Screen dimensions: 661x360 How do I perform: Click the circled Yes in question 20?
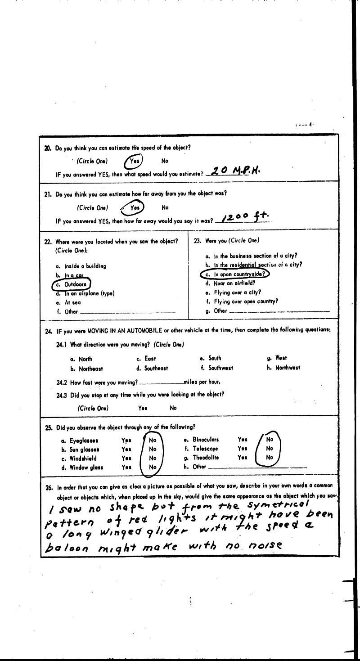tap(133, 161)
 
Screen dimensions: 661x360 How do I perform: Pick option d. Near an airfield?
tap(230, 283)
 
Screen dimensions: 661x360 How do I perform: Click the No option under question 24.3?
tap(173, 408)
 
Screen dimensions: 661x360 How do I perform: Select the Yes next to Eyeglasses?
tap(126, 440)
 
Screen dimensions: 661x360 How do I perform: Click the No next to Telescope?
tap(270, 448)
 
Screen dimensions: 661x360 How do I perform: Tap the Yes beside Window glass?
tap(126, 468)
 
